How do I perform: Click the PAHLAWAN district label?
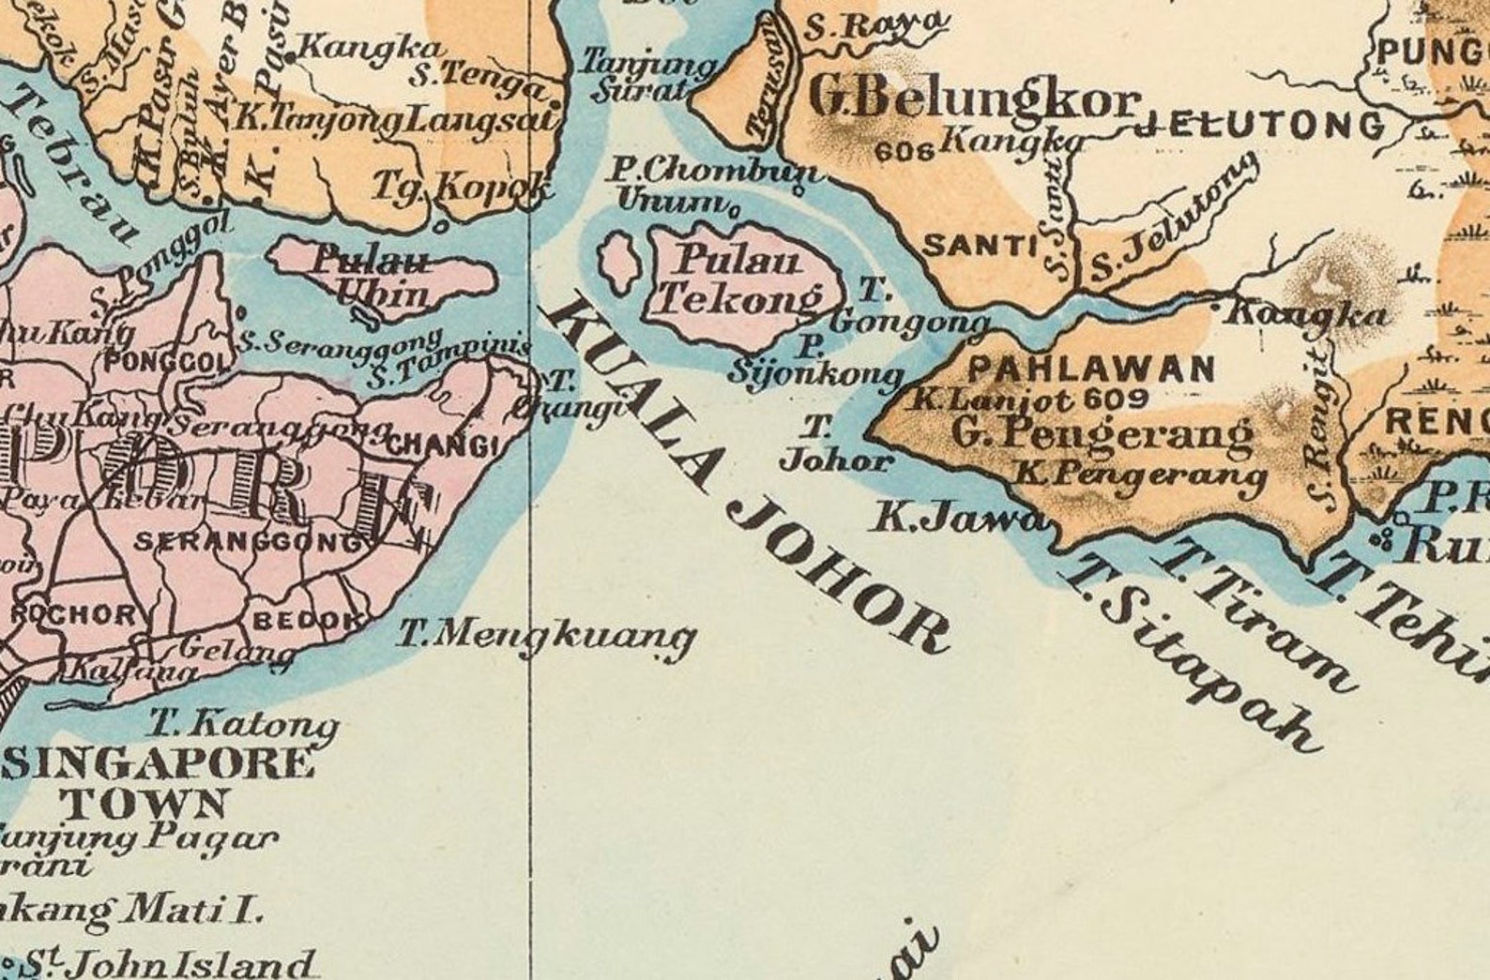(x=1090, y=369)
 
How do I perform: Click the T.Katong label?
(x=244, y=724)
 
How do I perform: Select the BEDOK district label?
(x=308, y=620)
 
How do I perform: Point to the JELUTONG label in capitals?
(x=1262, y=125)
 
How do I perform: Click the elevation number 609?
(x=1115, y=398)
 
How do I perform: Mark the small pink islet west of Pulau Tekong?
(x=616, y=261)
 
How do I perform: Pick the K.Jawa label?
(x=957, y=517)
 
